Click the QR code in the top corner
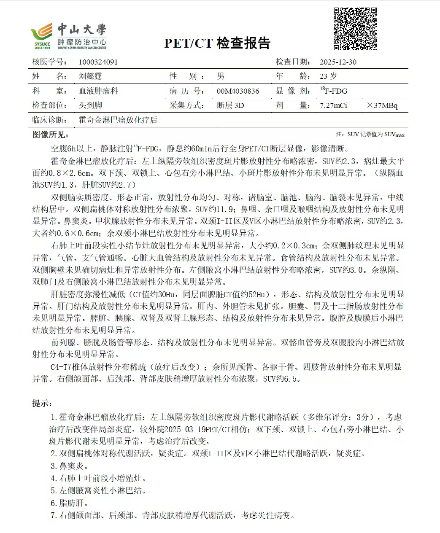point(355,29)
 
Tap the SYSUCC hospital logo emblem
point(42,35)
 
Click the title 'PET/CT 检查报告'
point(217,43)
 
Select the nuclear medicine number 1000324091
point(98,62)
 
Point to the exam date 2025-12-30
point(338,62)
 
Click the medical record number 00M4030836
point(238,91)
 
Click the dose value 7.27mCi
point(333,105)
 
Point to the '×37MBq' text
point(382,105)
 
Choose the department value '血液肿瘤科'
point(98,91)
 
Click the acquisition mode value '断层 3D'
point(230,105)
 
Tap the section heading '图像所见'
point(50,135)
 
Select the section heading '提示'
point(42,404)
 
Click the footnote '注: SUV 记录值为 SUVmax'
point(370,135)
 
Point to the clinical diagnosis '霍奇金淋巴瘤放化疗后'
point(118,120)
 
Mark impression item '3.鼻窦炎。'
point(70,466)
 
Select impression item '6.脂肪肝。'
point(70,503)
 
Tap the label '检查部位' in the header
point(49,105)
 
